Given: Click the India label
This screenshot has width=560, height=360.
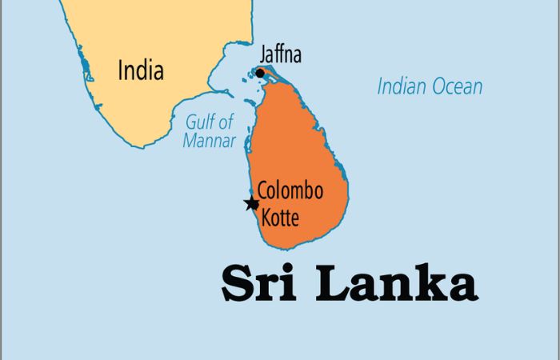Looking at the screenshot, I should click(141, 70).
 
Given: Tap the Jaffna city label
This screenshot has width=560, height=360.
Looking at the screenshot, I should click(280, 56).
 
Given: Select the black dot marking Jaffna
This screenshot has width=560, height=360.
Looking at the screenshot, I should click(260, 74).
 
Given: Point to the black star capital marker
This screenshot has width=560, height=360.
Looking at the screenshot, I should click(252, 203).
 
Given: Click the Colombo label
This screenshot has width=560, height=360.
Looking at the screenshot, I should click(290, 192).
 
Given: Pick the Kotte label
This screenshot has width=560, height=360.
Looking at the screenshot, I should click(280, 215).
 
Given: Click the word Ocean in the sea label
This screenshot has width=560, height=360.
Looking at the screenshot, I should click(458, 86).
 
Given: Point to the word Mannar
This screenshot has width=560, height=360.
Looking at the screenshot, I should click(210, 142).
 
